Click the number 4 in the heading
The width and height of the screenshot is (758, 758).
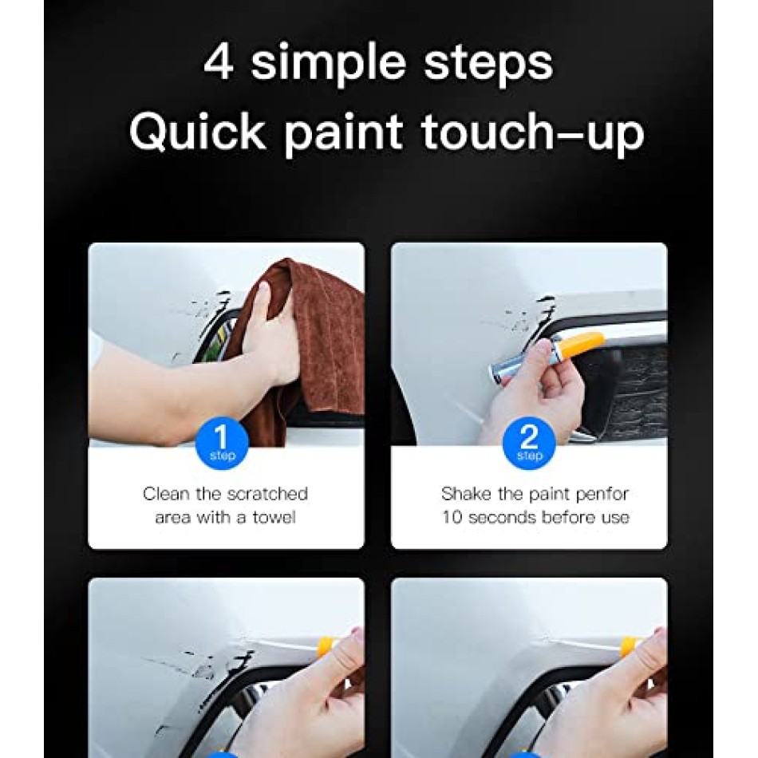219,61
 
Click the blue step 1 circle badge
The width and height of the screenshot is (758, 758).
222,444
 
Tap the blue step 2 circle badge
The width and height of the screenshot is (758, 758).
529,444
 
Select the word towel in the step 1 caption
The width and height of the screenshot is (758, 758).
274,517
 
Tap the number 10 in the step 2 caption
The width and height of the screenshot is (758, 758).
452,517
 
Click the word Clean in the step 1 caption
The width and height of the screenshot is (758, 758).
166,494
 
